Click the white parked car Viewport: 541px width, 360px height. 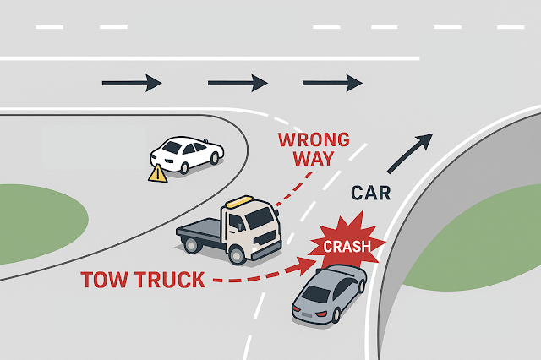187,155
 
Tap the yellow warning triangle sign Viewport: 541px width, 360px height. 157,173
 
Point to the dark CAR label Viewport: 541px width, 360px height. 371,194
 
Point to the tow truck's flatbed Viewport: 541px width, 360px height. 200,230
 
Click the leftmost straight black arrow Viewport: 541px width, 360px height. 131,83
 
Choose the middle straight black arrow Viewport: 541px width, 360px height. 238,83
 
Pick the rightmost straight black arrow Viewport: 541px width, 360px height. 332,83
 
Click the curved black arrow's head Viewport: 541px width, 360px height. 428,139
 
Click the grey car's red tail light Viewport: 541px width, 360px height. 323,315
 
